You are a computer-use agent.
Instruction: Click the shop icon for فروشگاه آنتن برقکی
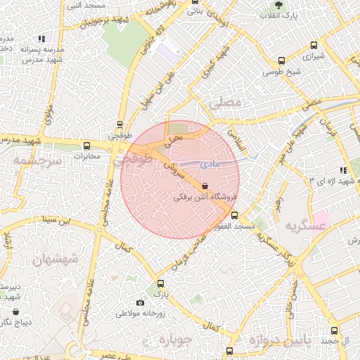(x=205, y=186)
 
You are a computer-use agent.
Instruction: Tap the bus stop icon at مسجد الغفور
(x=234, y=215)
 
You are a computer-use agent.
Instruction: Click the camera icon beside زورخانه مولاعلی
(x=140, y=302)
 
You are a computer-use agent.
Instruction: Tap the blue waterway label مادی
(x=210, y=163)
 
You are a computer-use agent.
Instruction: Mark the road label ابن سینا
(x=57, y=220)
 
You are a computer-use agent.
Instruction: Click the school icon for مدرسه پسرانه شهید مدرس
(x=42, y=38)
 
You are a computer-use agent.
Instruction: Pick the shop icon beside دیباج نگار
(x=16, y=311)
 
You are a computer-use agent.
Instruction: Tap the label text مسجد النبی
(x=84, y=6)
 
